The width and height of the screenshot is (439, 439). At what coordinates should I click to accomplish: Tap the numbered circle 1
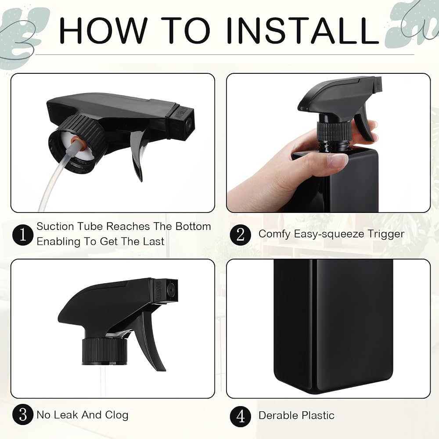tap(23, 235)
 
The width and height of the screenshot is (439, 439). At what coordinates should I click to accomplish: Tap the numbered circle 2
tap(241, 235)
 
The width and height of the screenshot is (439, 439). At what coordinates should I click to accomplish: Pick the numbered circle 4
tap(241, 417)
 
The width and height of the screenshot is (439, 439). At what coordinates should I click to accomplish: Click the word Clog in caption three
tap(116, 415)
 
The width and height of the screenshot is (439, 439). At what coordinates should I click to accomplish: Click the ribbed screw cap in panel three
tap(104, 352)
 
